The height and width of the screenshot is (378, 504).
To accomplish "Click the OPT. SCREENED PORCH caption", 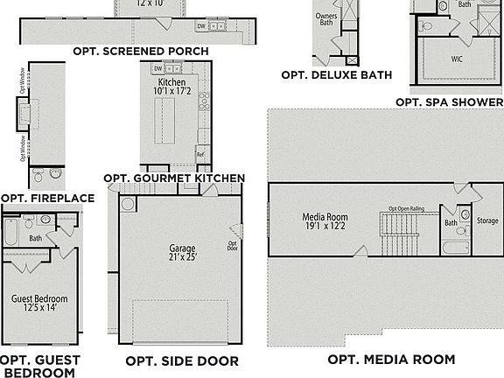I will (155, 52).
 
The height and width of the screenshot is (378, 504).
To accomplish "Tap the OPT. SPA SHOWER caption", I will (449, 102).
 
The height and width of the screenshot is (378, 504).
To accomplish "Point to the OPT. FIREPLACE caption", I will (47, 199).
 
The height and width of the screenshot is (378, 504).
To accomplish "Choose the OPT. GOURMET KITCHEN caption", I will (174, 178).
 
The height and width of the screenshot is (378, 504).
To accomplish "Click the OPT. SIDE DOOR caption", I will (177, 360).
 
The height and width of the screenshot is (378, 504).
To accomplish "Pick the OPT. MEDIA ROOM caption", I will (391, 360).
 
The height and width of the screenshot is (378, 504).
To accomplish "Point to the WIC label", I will (457, 60).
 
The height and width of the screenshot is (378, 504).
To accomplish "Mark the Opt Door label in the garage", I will (233, 246).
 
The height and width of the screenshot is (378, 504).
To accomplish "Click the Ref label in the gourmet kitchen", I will (200, 154).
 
